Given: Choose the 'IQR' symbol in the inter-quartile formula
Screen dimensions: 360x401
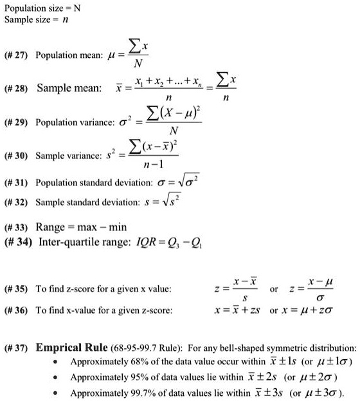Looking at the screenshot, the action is coord(157,242).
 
